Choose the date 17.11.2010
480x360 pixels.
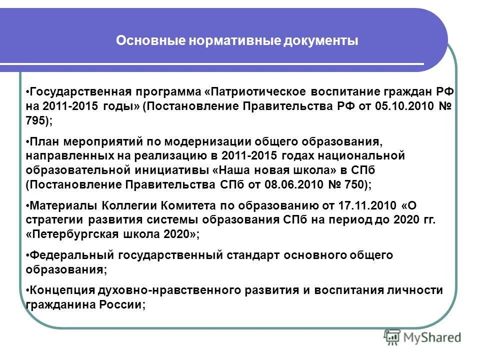(x=370, y=205)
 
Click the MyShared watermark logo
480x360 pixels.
(x=422, y=337)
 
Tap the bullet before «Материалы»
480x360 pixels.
(x=27, y=205)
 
